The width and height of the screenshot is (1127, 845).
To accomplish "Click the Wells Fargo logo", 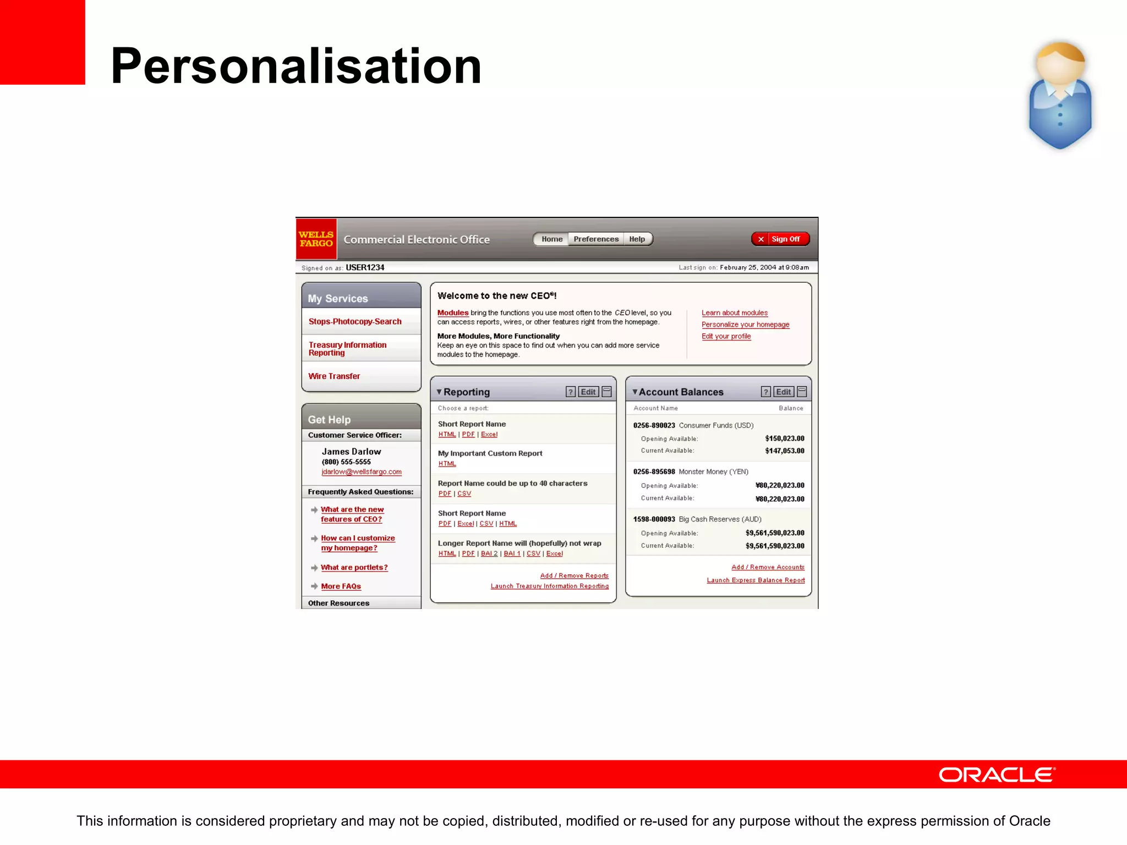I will coord(316,239).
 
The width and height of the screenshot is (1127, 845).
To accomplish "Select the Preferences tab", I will coord(595,239).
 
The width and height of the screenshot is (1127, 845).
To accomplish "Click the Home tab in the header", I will coord(551,239).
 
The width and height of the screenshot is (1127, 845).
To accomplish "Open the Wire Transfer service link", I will coord(334,376).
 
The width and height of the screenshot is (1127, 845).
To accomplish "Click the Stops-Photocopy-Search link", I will coord(355,321).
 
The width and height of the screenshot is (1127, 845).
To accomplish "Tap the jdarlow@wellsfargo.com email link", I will coord(362,472).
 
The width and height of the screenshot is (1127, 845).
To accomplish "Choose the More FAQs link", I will coord(341,586).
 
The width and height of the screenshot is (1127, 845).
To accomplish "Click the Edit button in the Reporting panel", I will coord(588,392).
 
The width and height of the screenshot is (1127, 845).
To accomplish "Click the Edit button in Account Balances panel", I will coord(783,392).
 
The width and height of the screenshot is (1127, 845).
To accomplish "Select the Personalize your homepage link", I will coord(745,325).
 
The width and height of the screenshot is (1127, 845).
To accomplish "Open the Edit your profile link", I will coord(726,336).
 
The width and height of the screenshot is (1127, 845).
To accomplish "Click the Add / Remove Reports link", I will coord(574,575).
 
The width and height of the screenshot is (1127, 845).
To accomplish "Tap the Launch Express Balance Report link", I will coord(756,580).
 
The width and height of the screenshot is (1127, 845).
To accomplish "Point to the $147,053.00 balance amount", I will coord(784,451).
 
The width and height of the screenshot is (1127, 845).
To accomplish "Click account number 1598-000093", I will coord(654,519).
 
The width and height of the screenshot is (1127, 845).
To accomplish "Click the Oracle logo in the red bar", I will coord(997,775).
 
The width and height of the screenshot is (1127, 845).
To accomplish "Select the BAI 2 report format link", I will coord(489,553).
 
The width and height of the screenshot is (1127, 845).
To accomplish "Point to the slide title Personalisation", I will coord(296,66).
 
